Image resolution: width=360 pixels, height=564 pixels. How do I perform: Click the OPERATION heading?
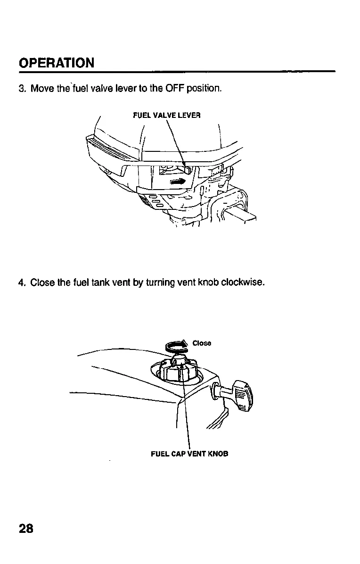click(56, 63)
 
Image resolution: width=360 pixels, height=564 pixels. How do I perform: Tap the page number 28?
click(26, 528)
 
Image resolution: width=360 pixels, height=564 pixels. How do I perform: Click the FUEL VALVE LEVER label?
click(167, 115)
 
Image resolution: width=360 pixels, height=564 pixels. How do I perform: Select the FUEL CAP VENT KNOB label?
click(189, 454)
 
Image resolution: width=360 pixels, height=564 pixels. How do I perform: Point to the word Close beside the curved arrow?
click(202, 343)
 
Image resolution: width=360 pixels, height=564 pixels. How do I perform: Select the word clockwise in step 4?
click(244, 283)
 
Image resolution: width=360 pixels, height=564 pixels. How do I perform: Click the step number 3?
click(22, 89)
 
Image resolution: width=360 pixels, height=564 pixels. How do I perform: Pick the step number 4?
click(22, 283)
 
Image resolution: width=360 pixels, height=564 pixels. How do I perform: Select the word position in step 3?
click(204, 89)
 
